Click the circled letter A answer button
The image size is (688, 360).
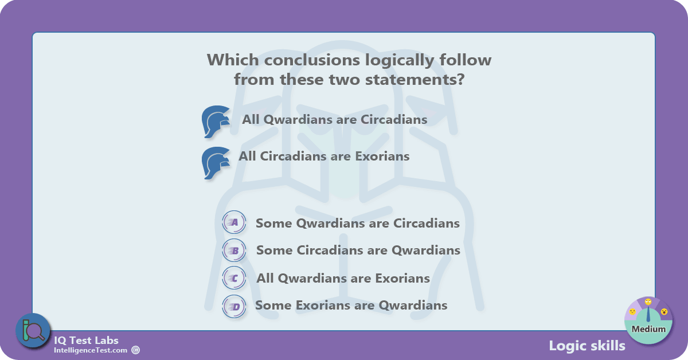234,222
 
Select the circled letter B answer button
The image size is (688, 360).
234,251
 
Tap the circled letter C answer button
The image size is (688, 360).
234,278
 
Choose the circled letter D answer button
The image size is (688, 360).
234,306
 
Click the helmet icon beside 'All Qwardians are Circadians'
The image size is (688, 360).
216,122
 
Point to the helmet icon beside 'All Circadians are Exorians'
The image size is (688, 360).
216,163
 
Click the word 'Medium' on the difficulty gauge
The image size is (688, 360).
648,329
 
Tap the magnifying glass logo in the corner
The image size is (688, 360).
33,331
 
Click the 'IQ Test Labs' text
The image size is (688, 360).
86,341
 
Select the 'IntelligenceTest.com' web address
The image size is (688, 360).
91,350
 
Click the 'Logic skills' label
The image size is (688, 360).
587,346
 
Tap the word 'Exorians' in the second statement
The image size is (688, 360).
382,156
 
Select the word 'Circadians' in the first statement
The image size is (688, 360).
394,119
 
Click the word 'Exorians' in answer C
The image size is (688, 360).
402,278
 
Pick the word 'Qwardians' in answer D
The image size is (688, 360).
413,306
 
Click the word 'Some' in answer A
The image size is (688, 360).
273,224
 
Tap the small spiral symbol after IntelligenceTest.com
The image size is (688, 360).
135,350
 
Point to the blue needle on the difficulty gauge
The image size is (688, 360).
648,314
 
